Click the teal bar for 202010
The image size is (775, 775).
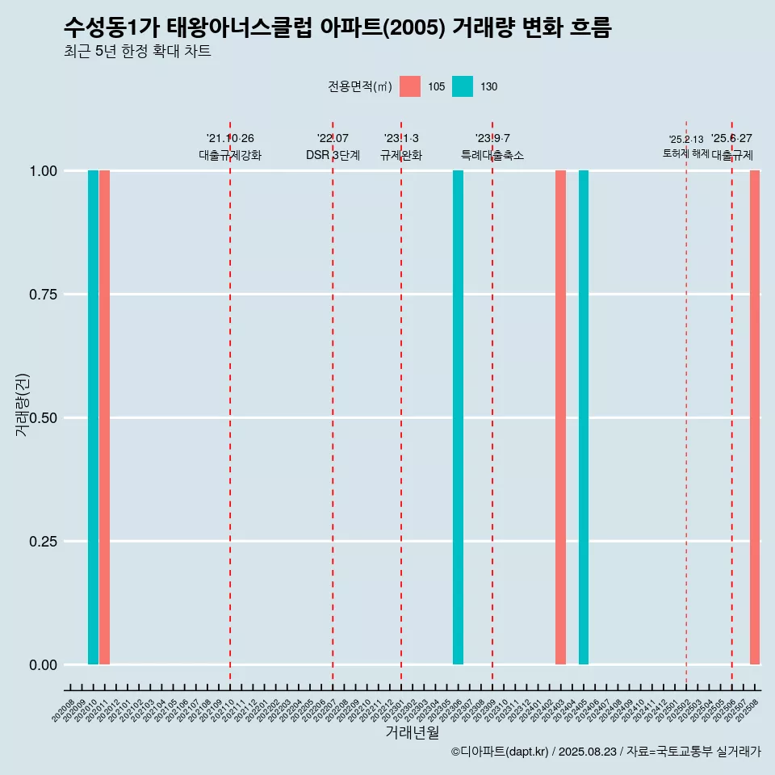tap(93, 417)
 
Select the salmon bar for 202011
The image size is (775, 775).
tap(104, 417)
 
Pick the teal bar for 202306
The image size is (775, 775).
tap(458, 417)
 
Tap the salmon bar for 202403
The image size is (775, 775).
tap(560, 417)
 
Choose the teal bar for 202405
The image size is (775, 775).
tap(584, 417)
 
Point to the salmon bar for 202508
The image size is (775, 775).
tap(755, 417)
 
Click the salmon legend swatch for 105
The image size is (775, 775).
tap(410, 86)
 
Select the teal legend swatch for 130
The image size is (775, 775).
tap(463, 86)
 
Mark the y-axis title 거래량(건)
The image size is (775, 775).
tap(23, 405)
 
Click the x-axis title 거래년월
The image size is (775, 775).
tap(413, 732)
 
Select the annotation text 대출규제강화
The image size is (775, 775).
tap(230, 155)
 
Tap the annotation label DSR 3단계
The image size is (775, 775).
tap(333, 155)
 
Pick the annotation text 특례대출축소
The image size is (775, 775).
tap(492, 155)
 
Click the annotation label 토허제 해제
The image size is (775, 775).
tap(685, 153)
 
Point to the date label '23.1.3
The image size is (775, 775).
tap(401, 139)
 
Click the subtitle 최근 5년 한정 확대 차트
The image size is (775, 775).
tap(137, 52)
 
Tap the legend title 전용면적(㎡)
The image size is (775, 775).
tap(360, 86)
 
